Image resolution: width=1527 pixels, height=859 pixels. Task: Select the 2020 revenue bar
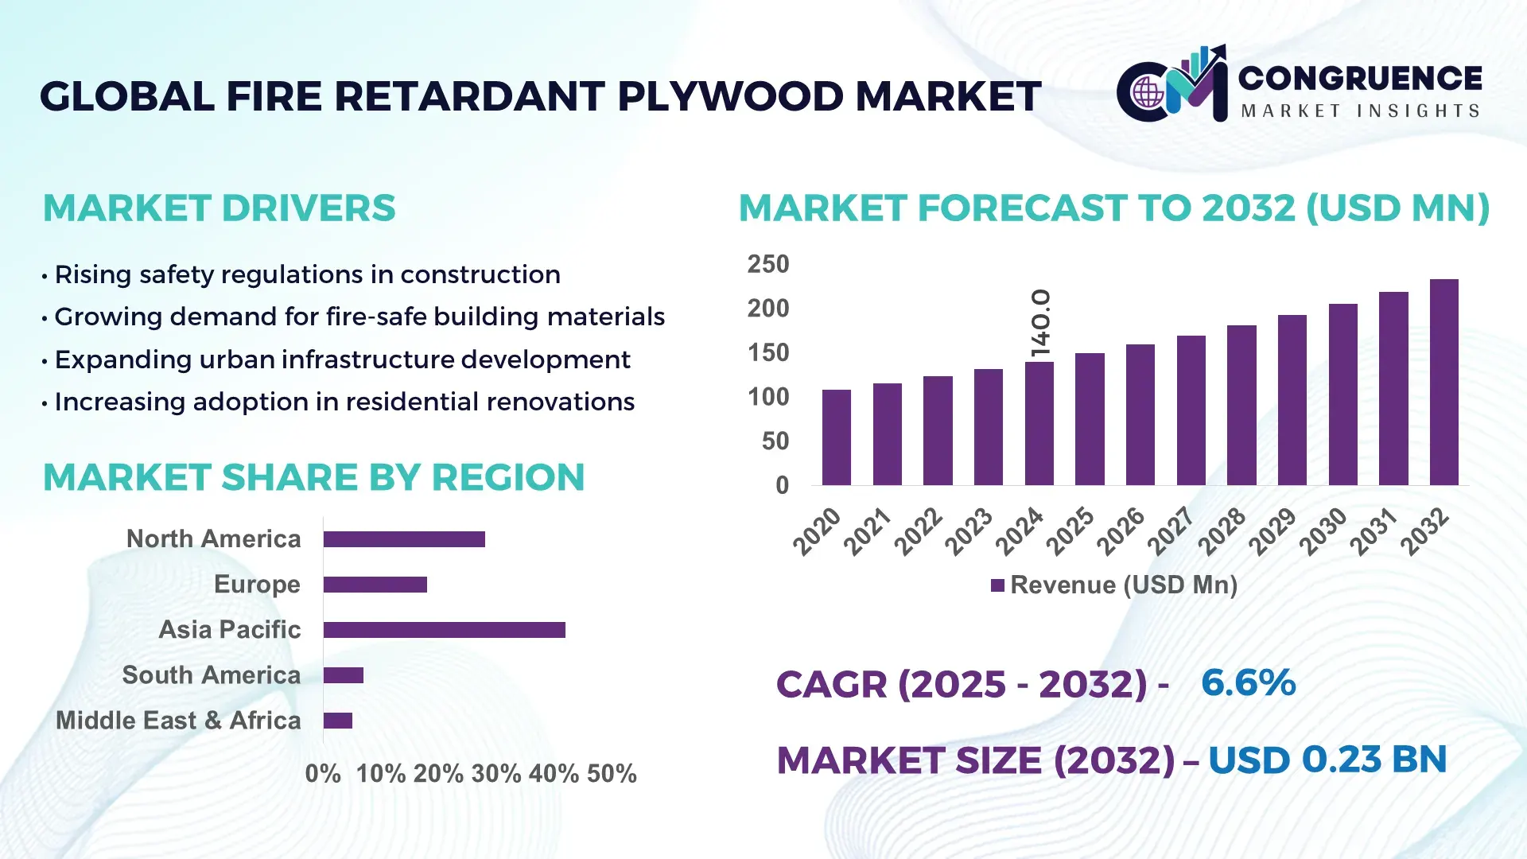pos(836,437)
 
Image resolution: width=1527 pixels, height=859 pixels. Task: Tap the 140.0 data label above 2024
pos(1040,323)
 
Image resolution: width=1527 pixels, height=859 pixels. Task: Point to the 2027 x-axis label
pos(1171,531)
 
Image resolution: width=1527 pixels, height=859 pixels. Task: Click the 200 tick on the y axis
pos(767,309)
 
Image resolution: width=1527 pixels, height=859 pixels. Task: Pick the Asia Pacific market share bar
pos(444,630)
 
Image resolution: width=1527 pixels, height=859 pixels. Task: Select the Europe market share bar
pos(375,585)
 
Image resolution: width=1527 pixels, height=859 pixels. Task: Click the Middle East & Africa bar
pos(337,721)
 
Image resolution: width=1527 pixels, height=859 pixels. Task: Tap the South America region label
pos(211,675)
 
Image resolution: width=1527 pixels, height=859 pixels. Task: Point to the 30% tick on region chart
pos(495,773)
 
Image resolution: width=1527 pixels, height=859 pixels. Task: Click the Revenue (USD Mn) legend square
pos(997,585)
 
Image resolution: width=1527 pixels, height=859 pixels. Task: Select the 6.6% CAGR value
pos(1248,682)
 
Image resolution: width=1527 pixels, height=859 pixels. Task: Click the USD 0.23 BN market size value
pos(1327,760)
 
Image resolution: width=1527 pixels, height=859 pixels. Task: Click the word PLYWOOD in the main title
pos(729,96)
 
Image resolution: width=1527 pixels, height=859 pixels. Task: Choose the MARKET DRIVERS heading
pos(219,208)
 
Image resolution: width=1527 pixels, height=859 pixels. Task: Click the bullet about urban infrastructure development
pos(342,360)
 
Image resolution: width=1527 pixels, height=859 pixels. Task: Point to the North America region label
pos(213,539)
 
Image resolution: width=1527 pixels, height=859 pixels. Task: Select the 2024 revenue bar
pos(1039,423)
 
